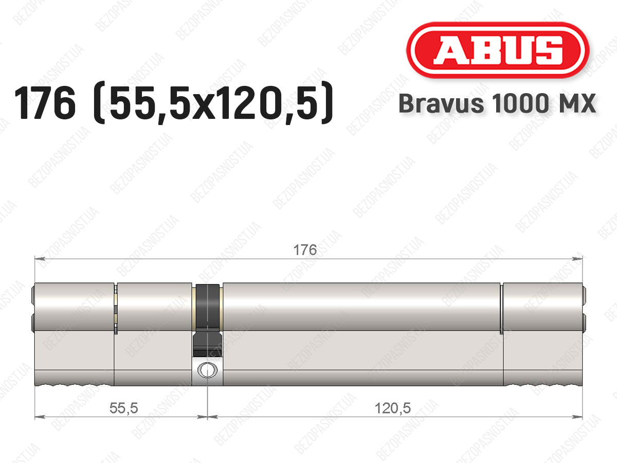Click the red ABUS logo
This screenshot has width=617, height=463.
(498, 50)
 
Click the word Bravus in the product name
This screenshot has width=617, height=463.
(441, 103)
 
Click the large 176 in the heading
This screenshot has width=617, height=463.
(45, 102)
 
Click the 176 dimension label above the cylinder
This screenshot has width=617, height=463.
(305, 250)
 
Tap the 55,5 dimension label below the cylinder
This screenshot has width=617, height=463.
(124, 408)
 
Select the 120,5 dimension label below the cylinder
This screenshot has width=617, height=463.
(393, 408)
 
